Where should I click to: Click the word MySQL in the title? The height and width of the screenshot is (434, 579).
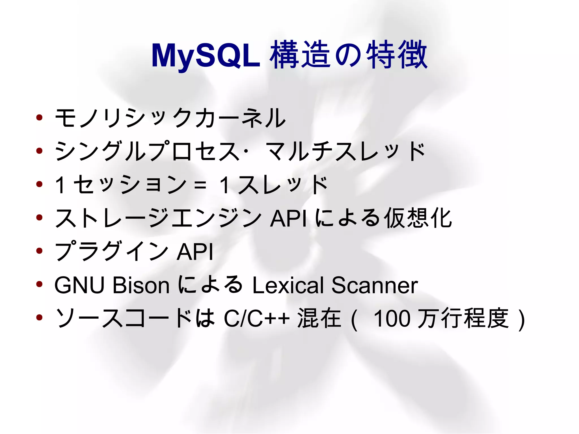click(206, 56)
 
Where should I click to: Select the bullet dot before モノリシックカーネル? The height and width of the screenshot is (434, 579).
click(39, 117)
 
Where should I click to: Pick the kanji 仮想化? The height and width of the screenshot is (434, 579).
click(418, 218)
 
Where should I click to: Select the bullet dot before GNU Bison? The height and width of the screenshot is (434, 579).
click(39, 284)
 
